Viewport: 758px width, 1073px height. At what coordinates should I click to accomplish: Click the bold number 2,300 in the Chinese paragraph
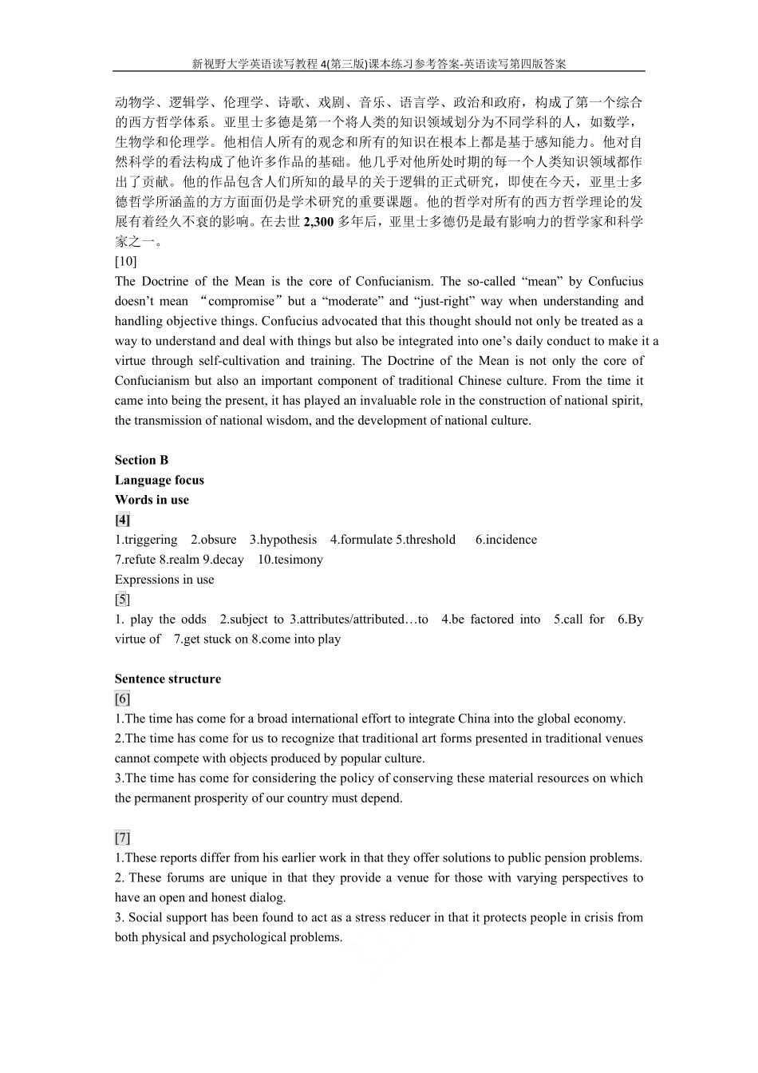pyautogui.click(x=318, y=222)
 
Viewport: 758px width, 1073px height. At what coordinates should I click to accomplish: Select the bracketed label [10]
pyautogui.click(x=126, y=261)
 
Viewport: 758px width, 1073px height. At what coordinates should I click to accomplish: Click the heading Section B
pyautogui.click(x=141, y=460)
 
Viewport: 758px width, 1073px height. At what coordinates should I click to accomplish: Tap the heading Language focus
pyautogui.click(x=159, y=480)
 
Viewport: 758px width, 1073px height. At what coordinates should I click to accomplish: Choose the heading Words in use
pyautogui.click(x=152, y=500)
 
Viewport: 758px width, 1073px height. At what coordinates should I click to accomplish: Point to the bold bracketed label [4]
pyautogui.click(x=123, y=520)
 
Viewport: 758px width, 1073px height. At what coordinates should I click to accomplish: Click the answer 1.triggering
pyautogui.click(x=146, y=540)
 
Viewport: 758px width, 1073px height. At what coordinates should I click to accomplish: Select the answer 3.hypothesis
pyautogui.click(x=283, y=540)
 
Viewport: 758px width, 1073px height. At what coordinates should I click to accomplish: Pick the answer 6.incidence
pyautogui.click(x=506, y=540)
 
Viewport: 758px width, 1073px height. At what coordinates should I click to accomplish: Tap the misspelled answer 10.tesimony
pyautogui.click(x=290, y=560)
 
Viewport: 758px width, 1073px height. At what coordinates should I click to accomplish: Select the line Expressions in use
pyautogui.click(x=164, y=580)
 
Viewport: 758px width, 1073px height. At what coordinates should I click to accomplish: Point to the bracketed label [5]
pyautogui.click(x=122, y=600)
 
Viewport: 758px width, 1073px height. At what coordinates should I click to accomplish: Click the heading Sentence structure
pyautogui.click(x=168, y=679)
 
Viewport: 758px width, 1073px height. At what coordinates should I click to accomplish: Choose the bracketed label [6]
pyautogui.click(x=122, y=699)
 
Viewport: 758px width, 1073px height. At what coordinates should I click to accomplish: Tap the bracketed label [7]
pyautogui.click(x=122, y=838)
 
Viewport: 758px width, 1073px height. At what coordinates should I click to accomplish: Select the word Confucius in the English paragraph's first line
pyautogui.click(x=614, y=281)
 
